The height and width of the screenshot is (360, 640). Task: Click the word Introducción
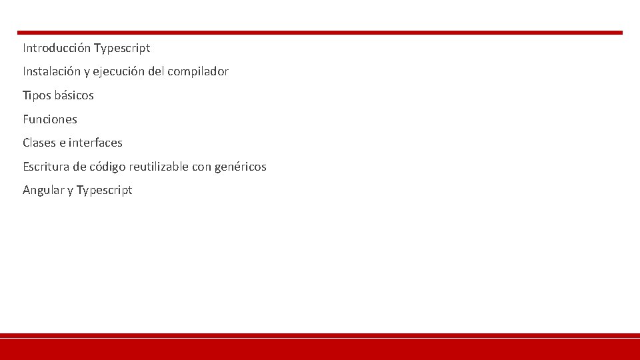57,48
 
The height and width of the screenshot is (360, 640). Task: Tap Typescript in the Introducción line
122,48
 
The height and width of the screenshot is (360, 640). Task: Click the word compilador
198,71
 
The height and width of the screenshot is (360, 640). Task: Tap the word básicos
74,95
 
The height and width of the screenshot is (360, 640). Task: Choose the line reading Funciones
50,119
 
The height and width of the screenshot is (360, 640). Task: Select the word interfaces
95,143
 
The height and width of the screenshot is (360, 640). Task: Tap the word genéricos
240,167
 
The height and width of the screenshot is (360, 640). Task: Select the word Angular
43,190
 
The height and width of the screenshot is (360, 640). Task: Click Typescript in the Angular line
105,191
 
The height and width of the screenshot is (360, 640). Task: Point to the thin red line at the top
320,32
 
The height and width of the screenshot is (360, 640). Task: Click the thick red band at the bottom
320,349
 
